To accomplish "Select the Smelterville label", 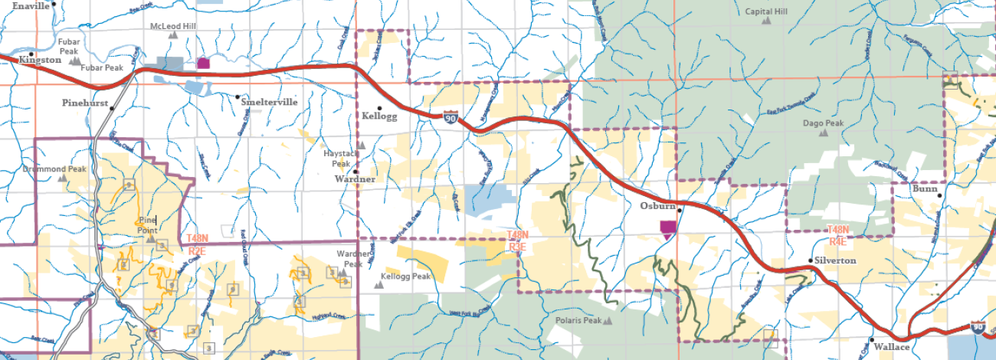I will click(269, 101).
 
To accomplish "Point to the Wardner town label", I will click(355, 179).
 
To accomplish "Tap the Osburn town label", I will click(657, 206).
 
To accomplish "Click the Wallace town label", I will click(893, 347).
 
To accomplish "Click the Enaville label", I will click(31, 5).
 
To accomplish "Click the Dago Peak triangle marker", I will click(823, 133).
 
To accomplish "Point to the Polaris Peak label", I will click(578, 321).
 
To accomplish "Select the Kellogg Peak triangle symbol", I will click(377, 284).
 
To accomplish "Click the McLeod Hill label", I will click(172, 25).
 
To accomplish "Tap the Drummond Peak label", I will click(54, 169).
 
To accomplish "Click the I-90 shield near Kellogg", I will click(452, 117).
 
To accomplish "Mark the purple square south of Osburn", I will click(668, 227).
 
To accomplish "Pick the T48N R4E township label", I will click(837, 234).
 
